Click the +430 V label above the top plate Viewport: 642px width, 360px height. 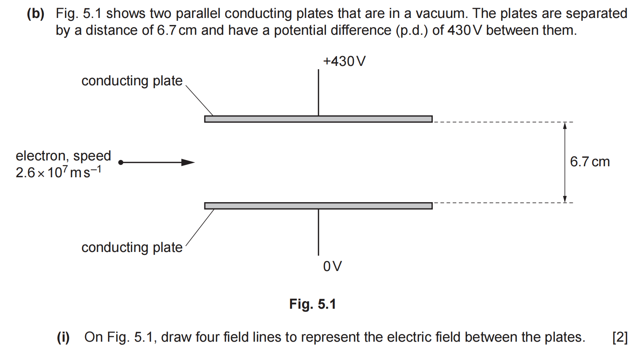pos(344,61)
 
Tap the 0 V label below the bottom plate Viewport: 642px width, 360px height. pos(333,266)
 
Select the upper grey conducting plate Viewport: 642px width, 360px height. pos(318,119)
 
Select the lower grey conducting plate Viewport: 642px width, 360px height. pos(318,206)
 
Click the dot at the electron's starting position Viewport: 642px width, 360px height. pos(121,162)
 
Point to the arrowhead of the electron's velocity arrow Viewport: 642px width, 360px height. pos(188,162)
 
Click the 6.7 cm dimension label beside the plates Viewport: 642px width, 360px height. pos(590,162)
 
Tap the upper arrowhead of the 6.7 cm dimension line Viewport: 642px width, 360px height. pos(565,125)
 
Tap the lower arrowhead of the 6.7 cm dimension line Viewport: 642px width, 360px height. pos(565,199)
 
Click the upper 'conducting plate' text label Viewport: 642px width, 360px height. pos(132,81)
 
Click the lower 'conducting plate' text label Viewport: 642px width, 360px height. pos(132,248)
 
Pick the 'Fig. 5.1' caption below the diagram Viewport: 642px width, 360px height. pos(312,304)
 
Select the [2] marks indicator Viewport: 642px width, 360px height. pos(620,337)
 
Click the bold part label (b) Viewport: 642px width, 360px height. pos(36,14)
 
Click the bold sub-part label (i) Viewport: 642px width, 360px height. pos(63,337)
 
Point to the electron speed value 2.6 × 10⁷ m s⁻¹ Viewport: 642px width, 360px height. pos(59,172)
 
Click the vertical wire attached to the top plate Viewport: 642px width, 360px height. pos(318,93)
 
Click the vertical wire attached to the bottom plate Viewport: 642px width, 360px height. pos(318,232)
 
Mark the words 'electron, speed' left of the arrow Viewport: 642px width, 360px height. pos(63,156)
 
